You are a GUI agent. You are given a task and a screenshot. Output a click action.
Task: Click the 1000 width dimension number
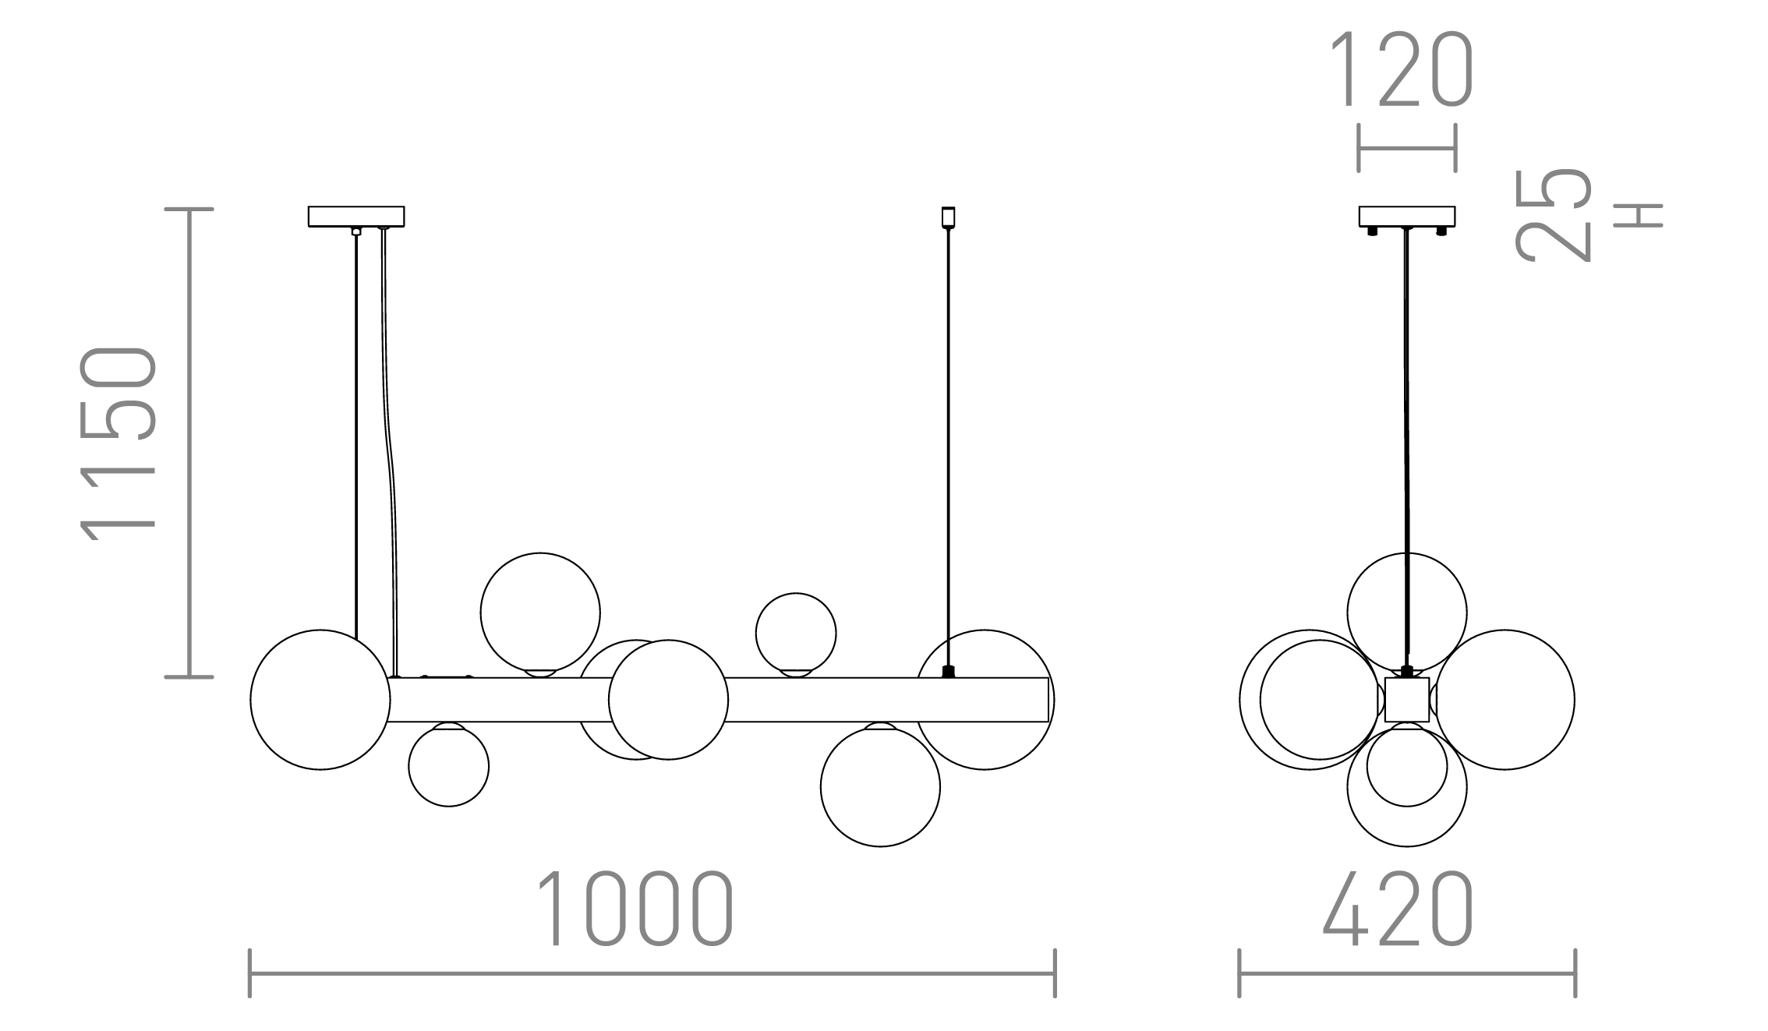(636, 909)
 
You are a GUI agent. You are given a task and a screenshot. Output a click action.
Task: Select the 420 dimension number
(1398, 909)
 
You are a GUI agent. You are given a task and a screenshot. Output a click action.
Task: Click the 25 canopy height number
(1553, 215)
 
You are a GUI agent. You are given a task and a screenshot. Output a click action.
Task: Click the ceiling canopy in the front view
(356, 216)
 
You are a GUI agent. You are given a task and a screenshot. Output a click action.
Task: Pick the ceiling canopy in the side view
(1407, 216)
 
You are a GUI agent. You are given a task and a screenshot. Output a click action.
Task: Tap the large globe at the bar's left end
(320, 700)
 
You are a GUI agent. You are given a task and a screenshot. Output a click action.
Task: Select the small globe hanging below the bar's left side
(449, 766)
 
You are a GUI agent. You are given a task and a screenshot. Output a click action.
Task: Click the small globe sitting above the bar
(796, 634)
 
